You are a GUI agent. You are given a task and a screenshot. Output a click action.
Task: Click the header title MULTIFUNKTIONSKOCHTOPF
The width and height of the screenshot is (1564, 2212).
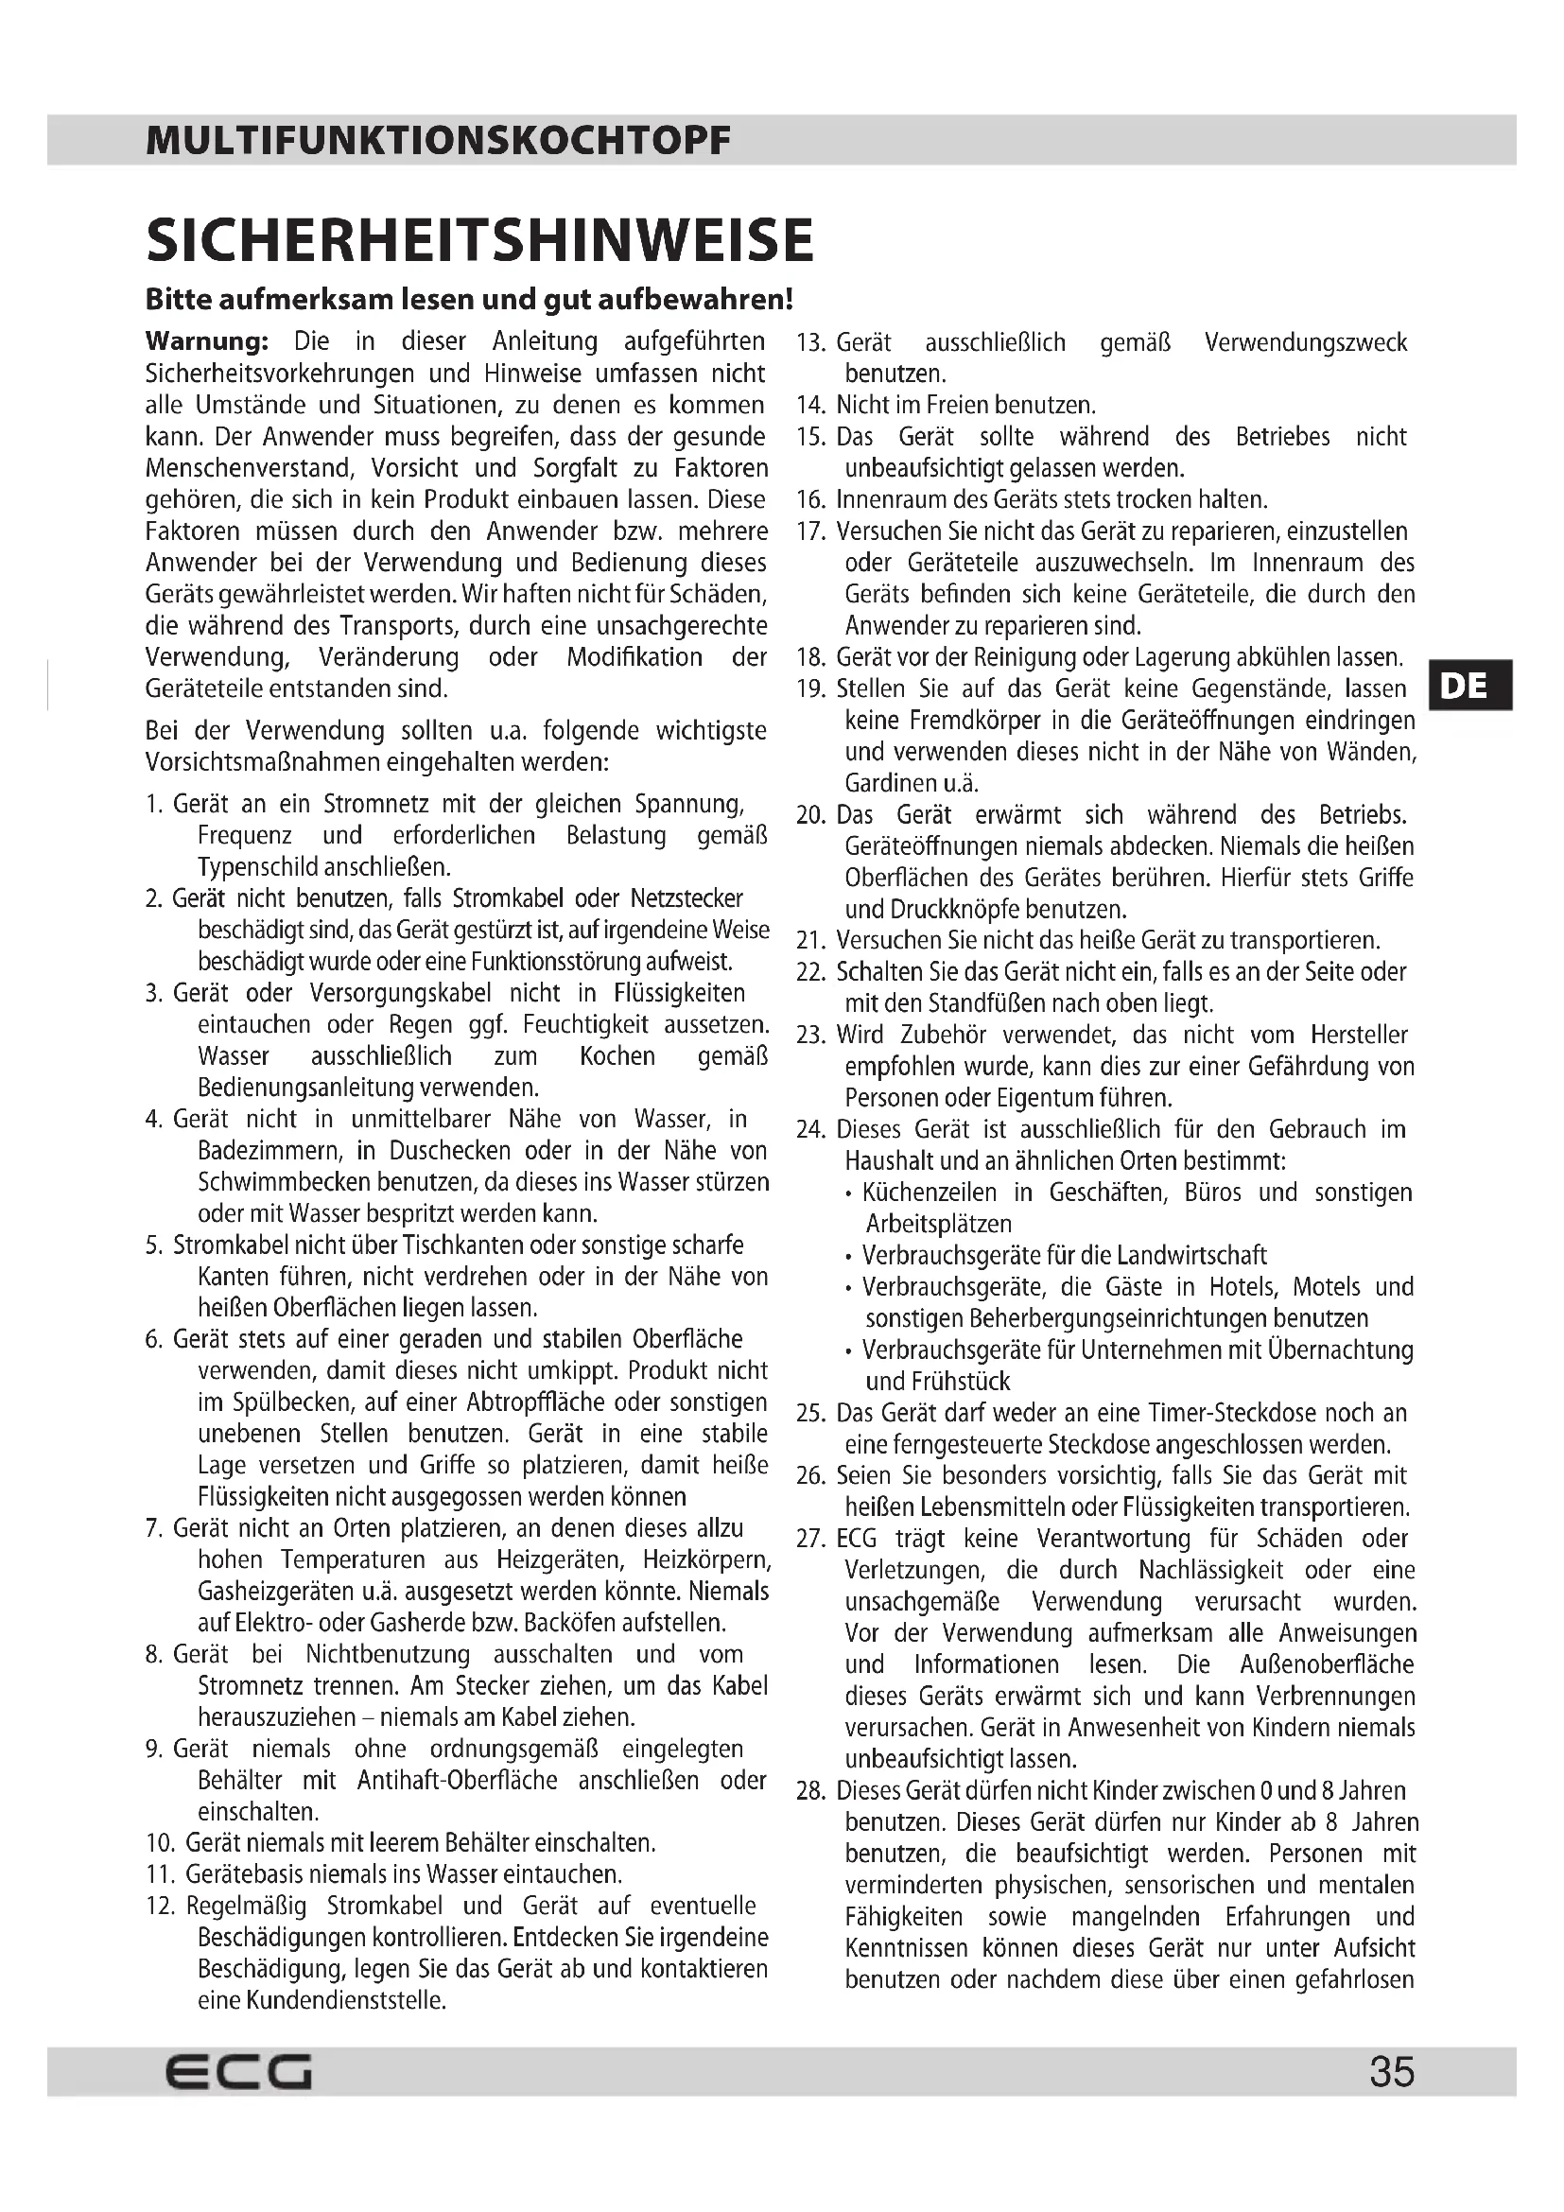[x=438, y=142]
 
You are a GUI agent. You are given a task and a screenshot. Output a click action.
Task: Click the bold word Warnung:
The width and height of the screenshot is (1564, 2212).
[x=206, y=342]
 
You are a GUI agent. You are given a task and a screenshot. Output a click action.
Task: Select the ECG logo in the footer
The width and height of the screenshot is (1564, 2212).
[x=239, y=2071]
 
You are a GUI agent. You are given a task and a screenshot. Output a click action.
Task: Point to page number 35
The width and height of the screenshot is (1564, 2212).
[x=1392, y=2071]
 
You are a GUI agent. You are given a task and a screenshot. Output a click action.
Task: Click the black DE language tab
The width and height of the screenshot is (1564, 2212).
[x=1468, y=686]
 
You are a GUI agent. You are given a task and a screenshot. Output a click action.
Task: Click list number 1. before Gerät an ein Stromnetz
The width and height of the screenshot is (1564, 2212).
[x=154, y=805]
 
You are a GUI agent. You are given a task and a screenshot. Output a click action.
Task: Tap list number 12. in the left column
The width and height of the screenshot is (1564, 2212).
[x=160, y=1907]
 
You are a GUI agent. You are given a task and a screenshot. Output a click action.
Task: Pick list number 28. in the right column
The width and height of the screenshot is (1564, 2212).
[x=811, y=1791]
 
